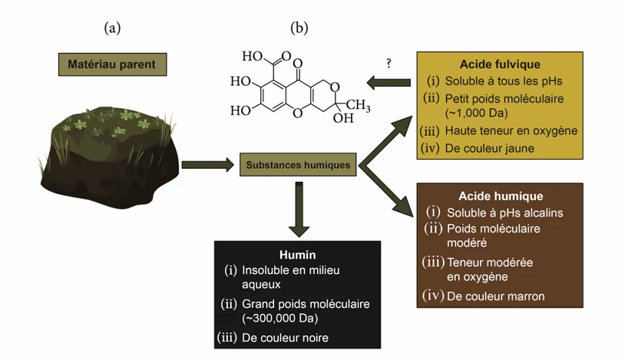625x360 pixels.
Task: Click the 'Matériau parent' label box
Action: coord(113,64)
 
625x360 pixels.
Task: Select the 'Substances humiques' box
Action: coord(298,164)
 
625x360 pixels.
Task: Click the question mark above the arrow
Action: coord(389,64)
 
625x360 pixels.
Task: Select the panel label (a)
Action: coord(113,28)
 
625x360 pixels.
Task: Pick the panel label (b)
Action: coord(299,28)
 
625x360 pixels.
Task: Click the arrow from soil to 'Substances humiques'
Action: coord(207,164)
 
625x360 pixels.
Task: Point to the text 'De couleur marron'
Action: coord(495,296)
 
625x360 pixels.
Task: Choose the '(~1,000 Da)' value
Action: coord(475,113)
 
